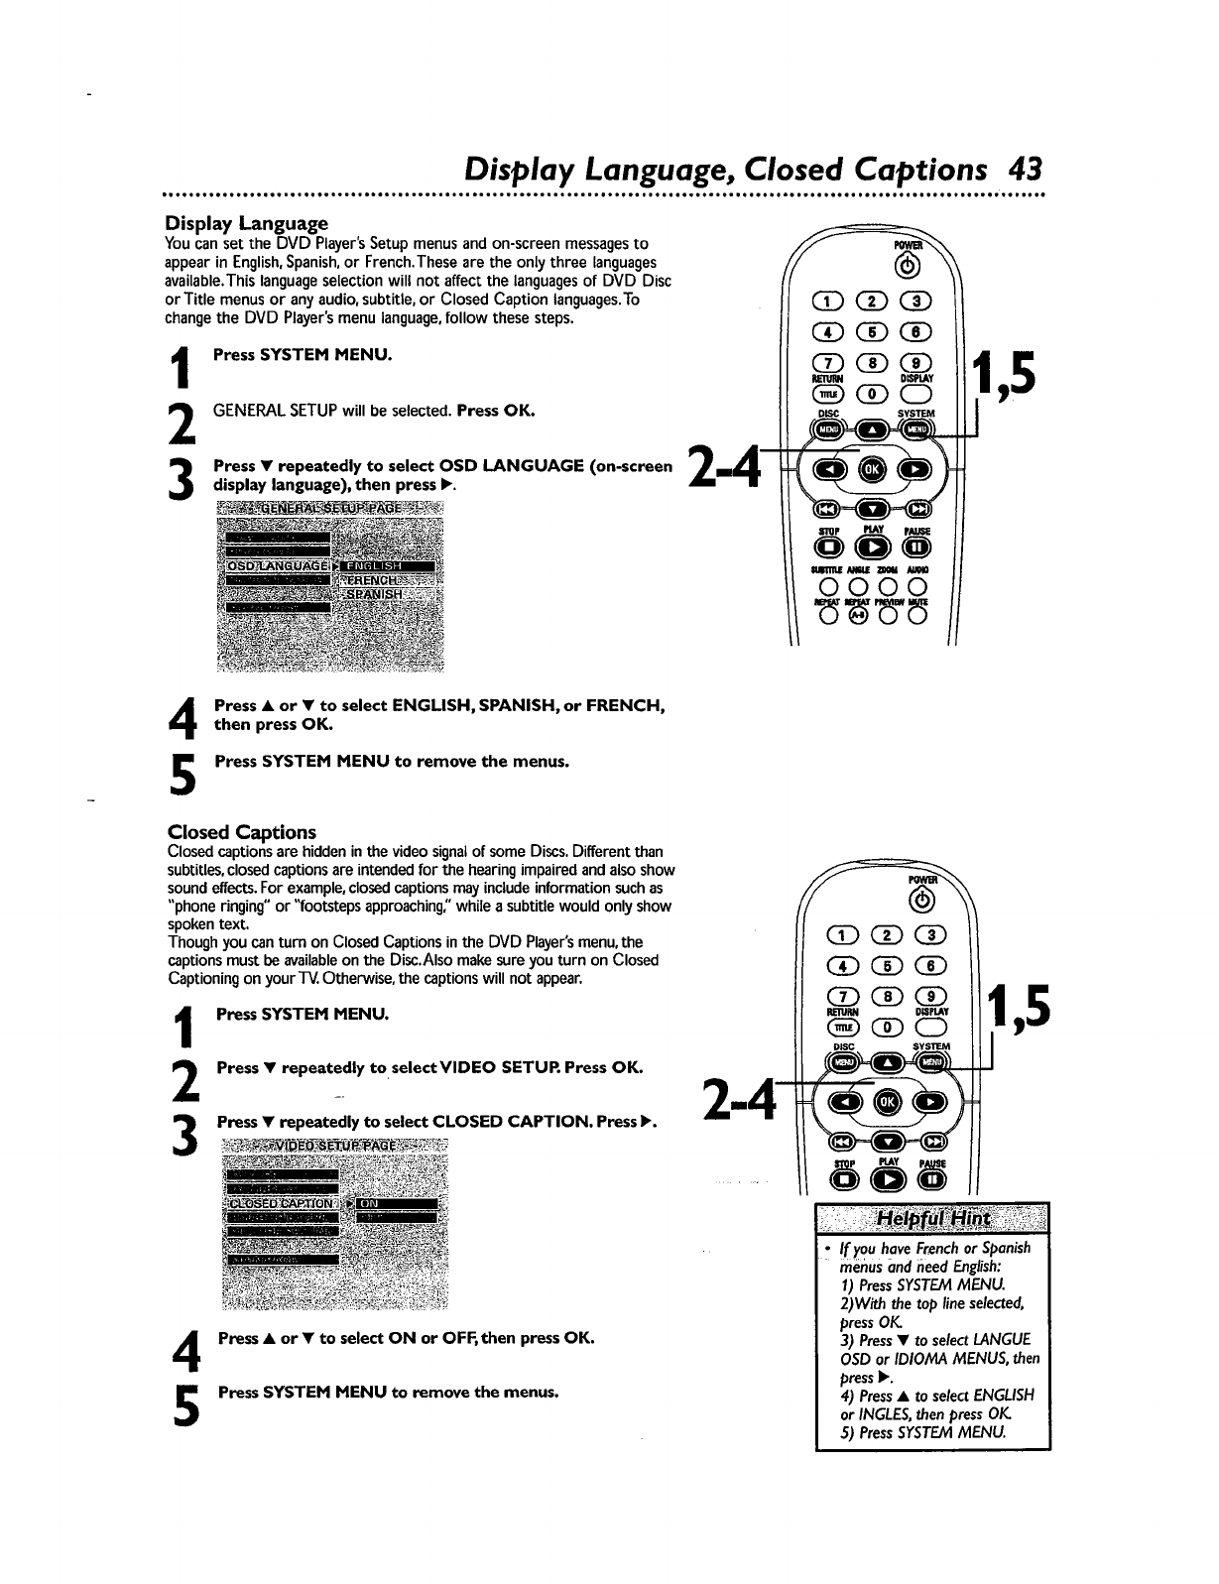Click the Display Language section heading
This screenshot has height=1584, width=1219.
(x=246, y=223)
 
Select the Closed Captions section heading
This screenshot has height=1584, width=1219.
(x=242, y=831)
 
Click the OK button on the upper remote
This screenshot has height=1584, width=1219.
(x=871, y=469)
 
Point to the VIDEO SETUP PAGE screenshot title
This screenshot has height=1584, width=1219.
(x=333, y=1147)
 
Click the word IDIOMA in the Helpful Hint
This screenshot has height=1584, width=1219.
(x=910, y=1358)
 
